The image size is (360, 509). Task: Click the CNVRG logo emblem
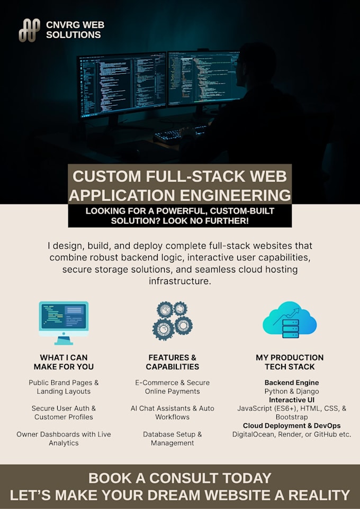[29, 30]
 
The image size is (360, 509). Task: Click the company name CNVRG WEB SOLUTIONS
[75, 30]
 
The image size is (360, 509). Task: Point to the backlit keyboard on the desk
[181, 133]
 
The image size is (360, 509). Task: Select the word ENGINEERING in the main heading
[235, 195]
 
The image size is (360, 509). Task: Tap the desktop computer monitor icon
[64, 323]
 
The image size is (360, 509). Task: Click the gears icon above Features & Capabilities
[172, 321]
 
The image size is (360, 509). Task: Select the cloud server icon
[290, 320]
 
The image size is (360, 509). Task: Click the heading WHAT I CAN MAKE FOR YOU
[64, 362]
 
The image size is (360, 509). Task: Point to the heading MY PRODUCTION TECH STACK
[290, 362]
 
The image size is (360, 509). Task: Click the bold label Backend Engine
[292, 383]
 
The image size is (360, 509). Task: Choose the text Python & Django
[292, 392]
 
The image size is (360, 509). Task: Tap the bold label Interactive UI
[292, 400]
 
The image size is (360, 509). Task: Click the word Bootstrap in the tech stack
[292, 417]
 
